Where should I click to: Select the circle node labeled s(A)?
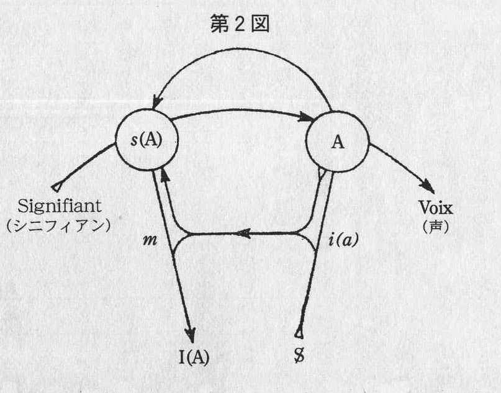click(147, 139)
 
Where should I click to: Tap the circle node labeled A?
click(337, 142)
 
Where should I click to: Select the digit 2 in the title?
click(241, 27)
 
